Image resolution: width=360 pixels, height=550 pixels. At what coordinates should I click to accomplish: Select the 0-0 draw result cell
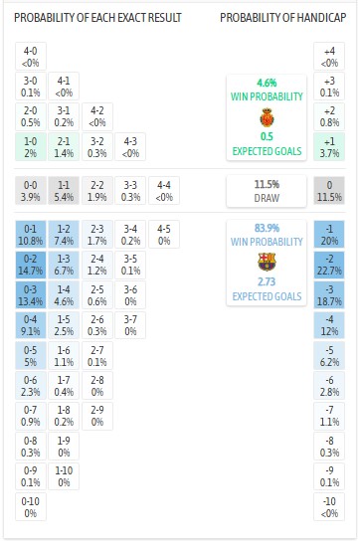point(32,191)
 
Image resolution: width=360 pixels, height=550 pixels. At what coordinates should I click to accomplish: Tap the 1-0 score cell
point(32,147)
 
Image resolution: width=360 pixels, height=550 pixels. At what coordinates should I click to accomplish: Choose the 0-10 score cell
point(32,506)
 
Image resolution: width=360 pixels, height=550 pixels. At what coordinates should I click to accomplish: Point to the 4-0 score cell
point(32,57)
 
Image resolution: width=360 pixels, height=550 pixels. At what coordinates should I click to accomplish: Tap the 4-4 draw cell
point(164,191)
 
